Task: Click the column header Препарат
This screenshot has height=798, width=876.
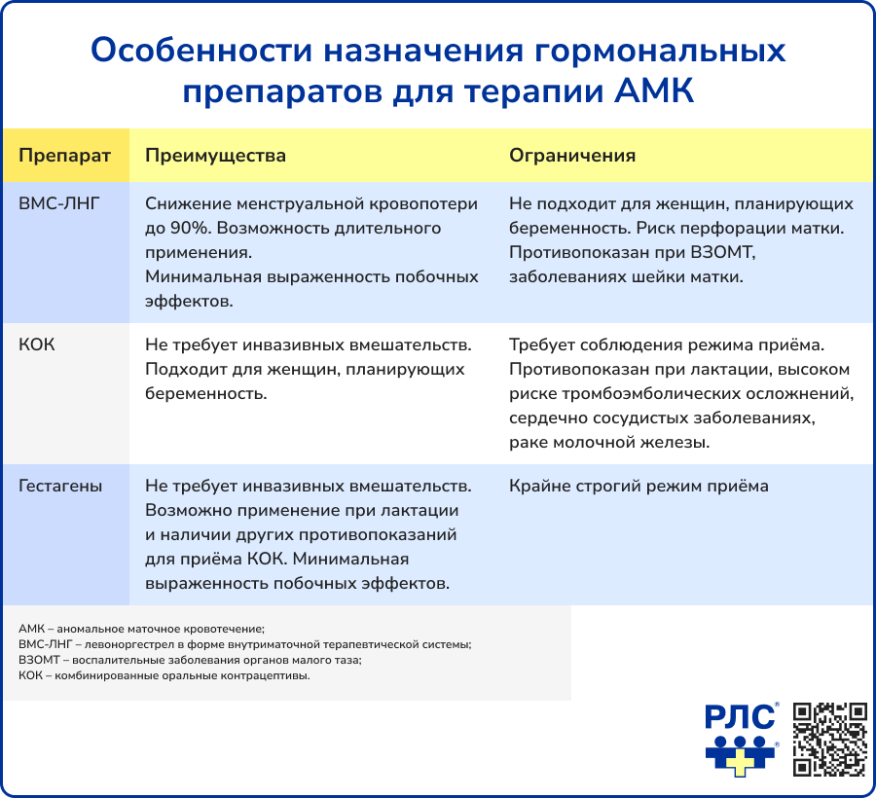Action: (x=64, y=156)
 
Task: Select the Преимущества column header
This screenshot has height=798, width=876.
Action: (x=215, y=156)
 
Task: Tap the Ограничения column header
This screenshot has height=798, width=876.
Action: (x=572, y=156)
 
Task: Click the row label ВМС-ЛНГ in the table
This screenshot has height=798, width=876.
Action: (x=59, y=204)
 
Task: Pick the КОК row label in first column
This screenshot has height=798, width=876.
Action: (x=37, y=345)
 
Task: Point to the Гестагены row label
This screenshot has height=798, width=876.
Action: (x=60, y=486)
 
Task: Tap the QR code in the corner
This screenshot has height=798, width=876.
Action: (x=829, y=739)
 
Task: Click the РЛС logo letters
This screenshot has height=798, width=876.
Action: (x=741, y=718)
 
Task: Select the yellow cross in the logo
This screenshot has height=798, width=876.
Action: (x=742, y=757)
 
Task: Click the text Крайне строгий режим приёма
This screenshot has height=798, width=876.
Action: (x=639, y=486)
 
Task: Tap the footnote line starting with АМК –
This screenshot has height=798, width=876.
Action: (x=141, y=629)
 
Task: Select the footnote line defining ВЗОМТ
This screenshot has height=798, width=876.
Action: (x=190, y=660)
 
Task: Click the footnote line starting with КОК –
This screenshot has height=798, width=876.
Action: (x=164, y=675)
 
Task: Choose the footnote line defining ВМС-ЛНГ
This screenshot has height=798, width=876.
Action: (x=244, y=644)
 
